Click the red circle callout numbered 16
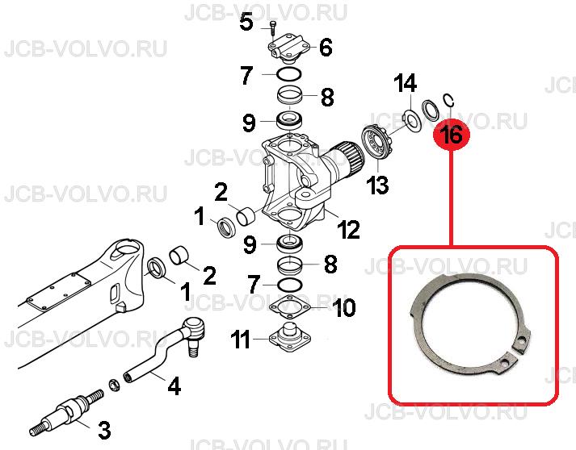pyautogui.click(x=452, y=134)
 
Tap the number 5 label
pyautogui.click(x=246, y=23)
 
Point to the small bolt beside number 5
pyautogui.click(x=272, y=27)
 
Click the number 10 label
pyautogui.click(x=344, y=307)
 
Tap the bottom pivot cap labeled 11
pyautogui.click(x=290, y=334)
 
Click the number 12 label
pyautogui.click(x=348, y=230)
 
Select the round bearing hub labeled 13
pyautogui.click(x=377, y=142)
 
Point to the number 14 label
pyautogui.click(x=406, y=83)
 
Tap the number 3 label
pyautogui.click(x=104, y=430)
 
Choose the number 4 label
pyautogui.click(x=174, y=385)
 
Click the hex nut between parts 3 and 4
pyautogui.click(x=113, y=385)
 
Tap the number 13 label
pyautogui.click(x=378, y=185)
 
